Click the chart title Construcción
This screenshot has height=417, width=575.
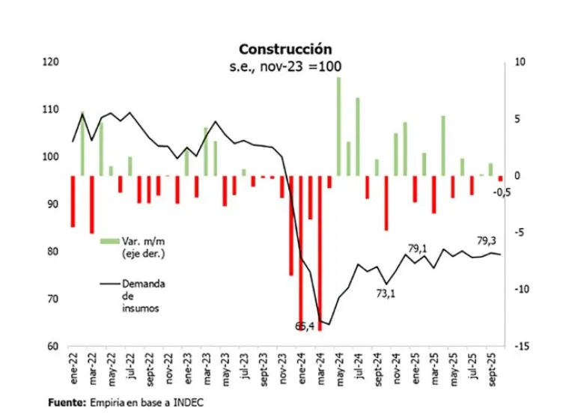[285, 49]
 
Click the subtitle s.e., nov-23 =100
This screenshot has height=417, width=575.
[285, 67]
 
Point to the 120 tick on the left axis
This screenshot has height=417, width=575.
[51, 62]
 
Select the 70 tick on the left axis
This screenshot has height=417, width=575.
[53, 299]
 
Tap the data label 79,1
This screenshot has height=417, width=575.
[417, 248]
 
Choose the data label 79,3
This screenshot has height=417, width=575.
[487, 240]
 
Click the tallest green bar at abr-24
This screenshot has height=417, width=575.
[338, 127]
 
